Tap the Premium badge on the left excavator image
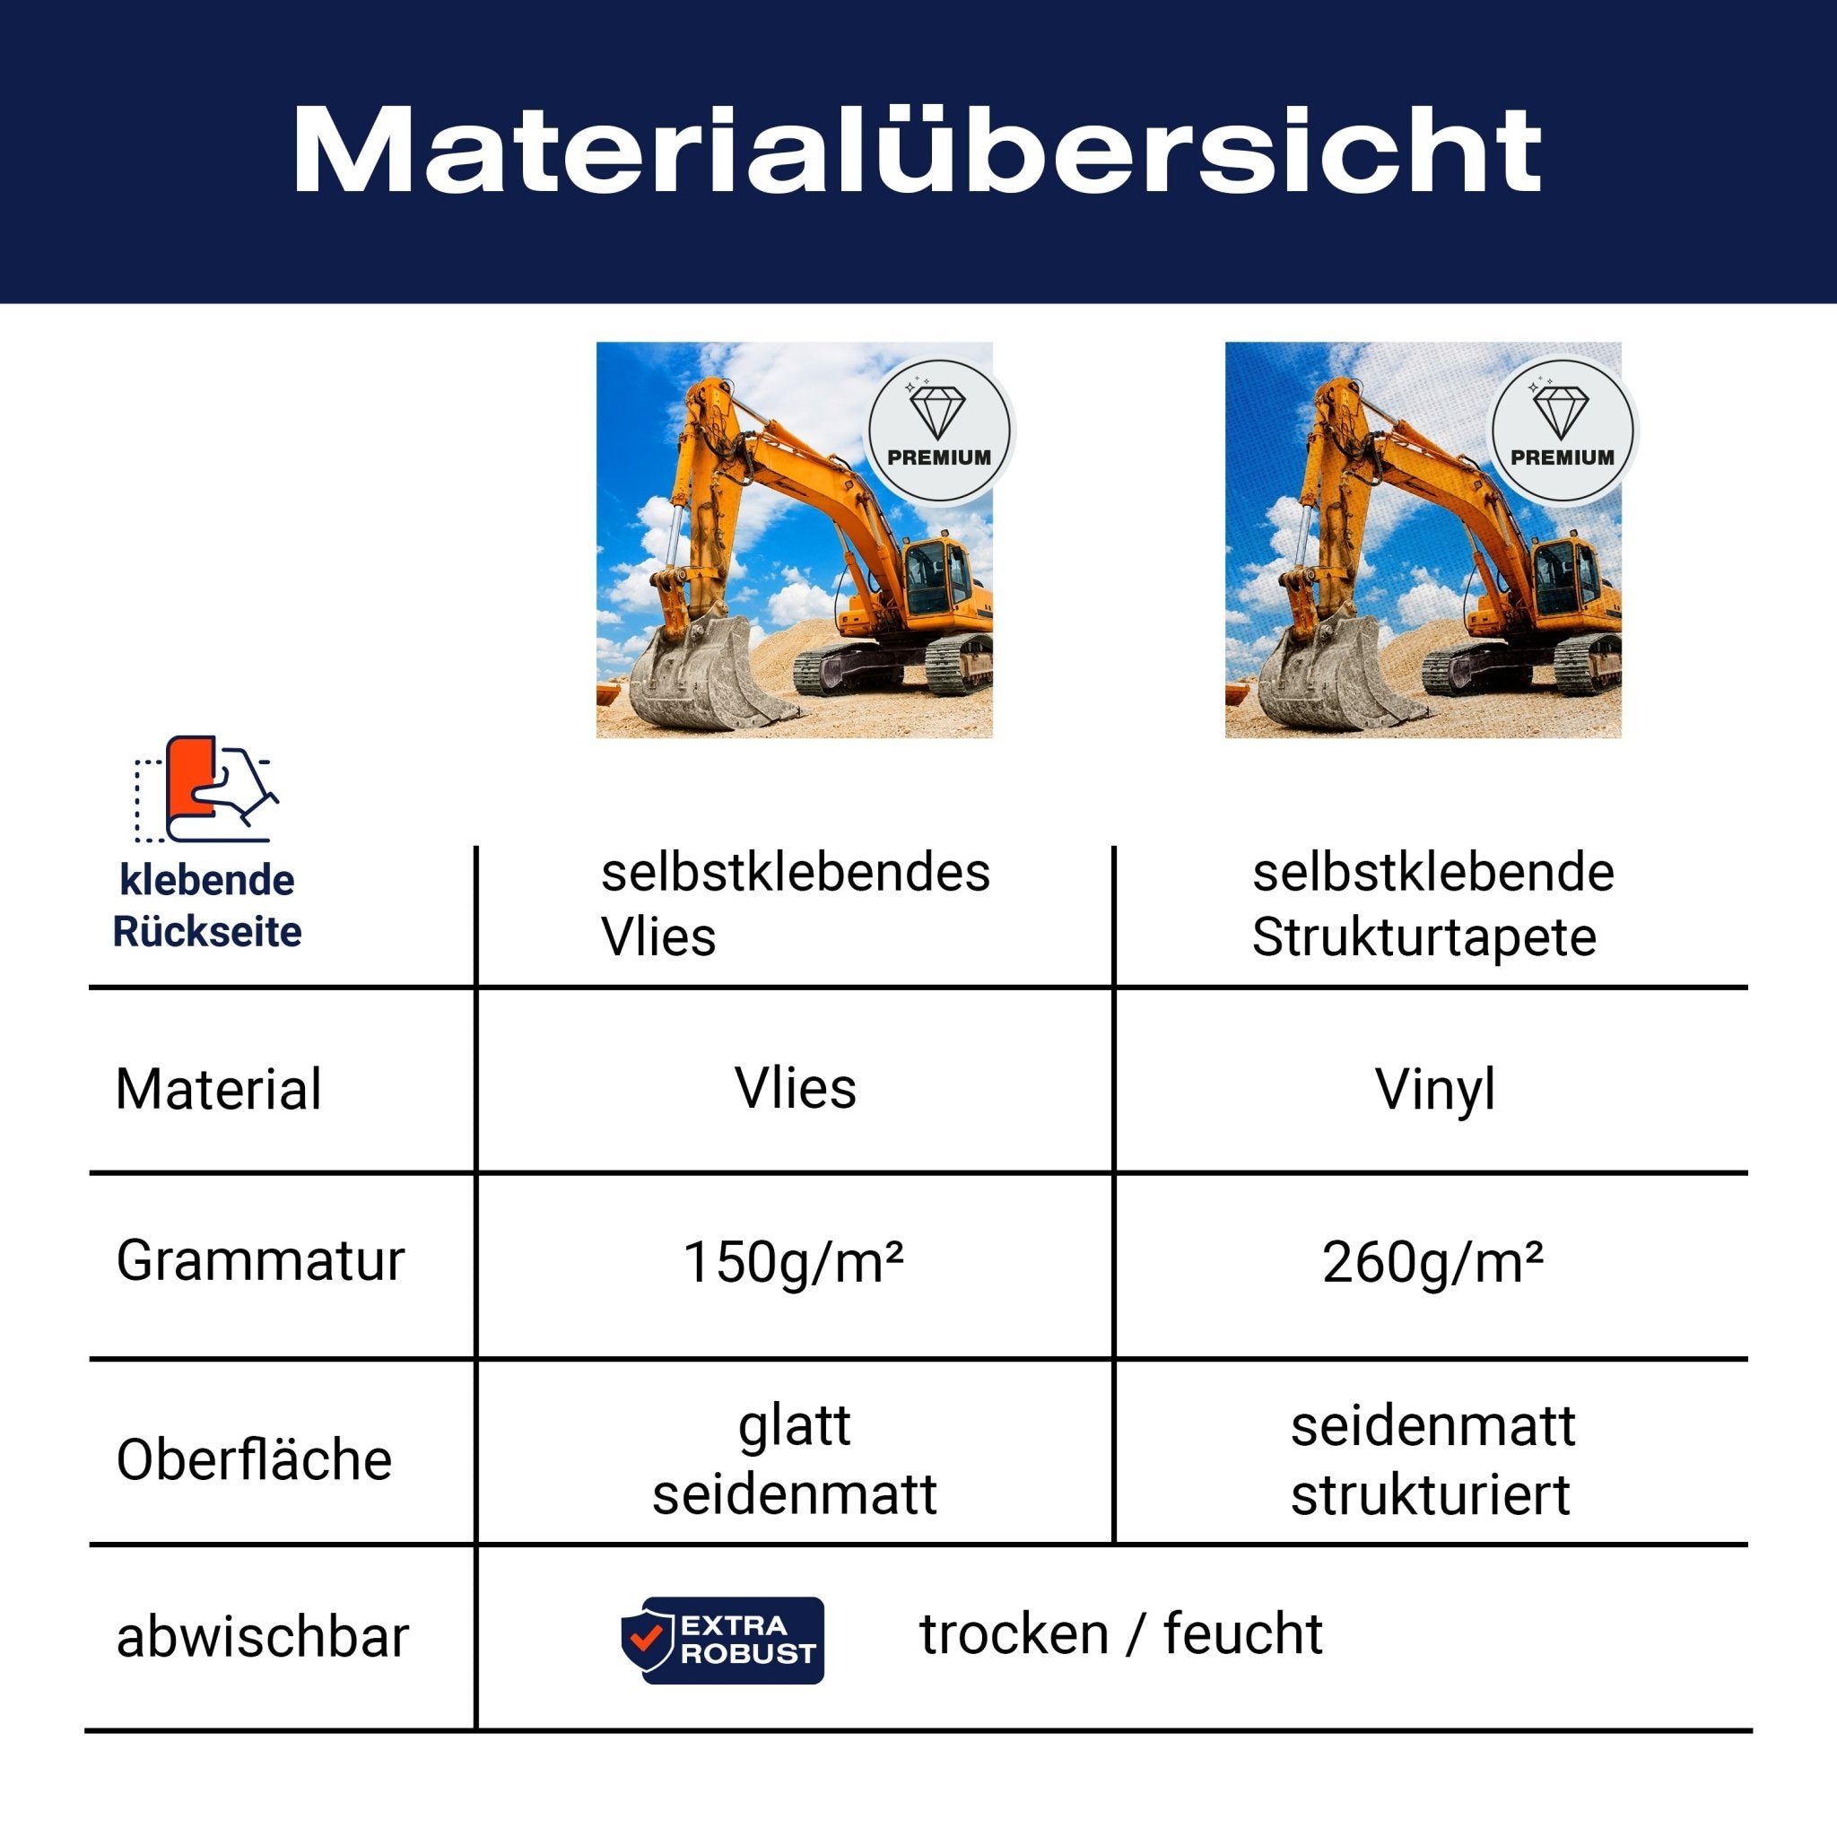[938, 430]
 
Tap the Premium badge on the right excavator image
[1563, 430]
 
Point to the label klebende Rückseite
[206, 905]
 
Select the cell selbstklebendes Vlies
[795, 904]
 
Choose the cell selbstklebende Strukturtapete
[1432, 904]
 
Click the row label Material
[219, 1089]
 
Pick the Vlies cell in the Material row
[795, 1088]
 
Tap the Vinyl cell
[1435, 1089]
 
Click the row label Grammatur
[260, 1261]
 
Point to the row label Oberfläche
[254, 1459]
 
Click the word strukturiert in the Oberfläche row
[1430, 1494]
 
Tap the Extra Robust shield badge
[723, 1641]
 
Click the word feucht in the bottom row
[1242, 1633]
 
